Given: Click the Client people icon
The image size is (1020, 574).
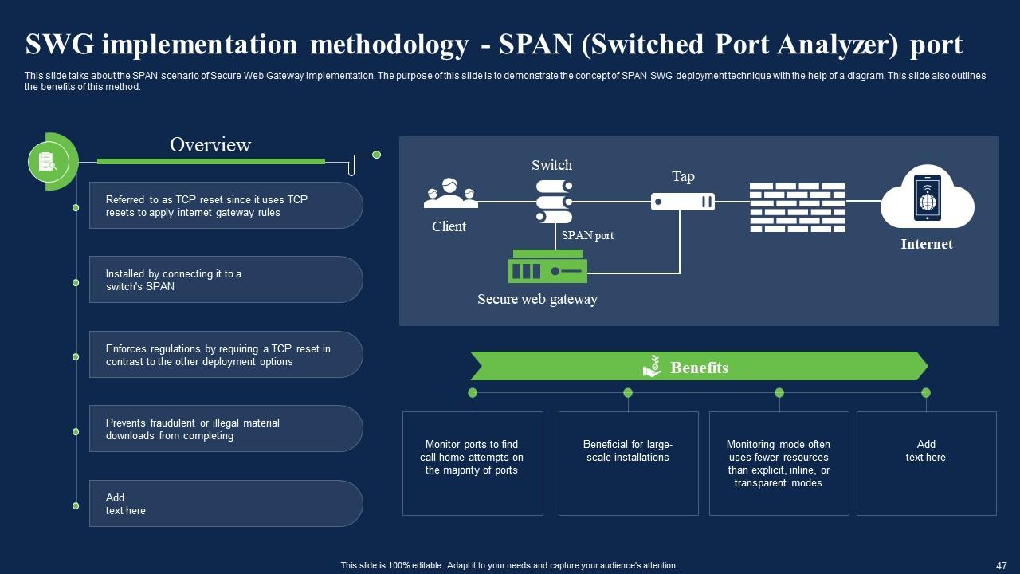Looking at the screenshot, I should (x=451, y=193).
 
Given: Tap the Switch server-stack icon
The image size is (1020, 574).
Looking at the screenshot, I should (x=554, y=202).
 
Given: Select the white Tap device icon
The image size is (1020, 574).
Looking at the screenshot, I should (x=682, y=202).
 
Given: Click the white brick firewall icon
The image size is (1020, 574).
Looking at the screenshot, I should (x=797, y=207).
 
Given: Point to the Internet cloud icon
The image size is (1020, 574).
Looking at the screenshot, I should (x=927, y=199).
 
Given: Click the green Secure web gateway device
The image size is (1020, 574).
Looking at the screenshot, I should (x=548, y=267).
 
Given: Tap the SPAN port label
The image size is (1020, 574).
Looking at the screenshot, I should (x=587, y=236).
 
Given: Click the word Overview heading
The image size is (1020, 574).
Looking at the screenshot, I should (x=210, y=145).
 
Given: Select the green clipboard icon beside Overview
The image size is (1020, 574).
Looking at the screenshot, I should (x=49, y=162).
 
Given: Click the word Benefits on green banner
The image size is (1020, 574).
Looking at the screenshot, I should (x=699, y=368).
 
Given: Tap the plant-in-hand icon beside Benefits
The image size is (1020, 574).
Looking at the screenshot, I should (x=652, y=366).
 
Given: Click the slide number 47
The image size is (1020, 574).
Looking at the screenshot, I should (x=1002, y=564).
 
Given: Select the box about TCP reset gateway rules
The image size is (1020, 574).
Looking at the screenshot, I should (x=226, y=206).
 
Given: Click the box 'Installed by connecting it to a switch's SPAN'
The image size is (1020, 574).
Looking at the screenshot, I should (x=226, y=280).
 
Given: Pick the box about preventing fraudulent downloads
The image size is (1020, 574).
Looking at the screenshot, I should (x=226, y=429).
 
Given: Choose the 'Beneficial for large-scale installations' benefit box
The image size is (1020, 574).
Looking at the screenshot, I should (x=628, y=463).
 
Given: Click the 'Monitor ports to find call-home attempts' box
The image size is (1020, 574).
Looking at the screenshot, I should (x=473, y=463).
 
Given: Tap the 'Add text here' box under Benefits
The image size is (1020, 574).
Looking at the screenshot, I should (x=926, y=463).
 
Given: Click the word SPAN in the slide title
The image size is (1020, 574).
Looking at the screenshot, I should (x=535, y=45).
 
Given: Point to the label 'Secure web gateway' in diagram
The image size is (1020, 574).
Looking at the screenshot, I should (x=537, y=300).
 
